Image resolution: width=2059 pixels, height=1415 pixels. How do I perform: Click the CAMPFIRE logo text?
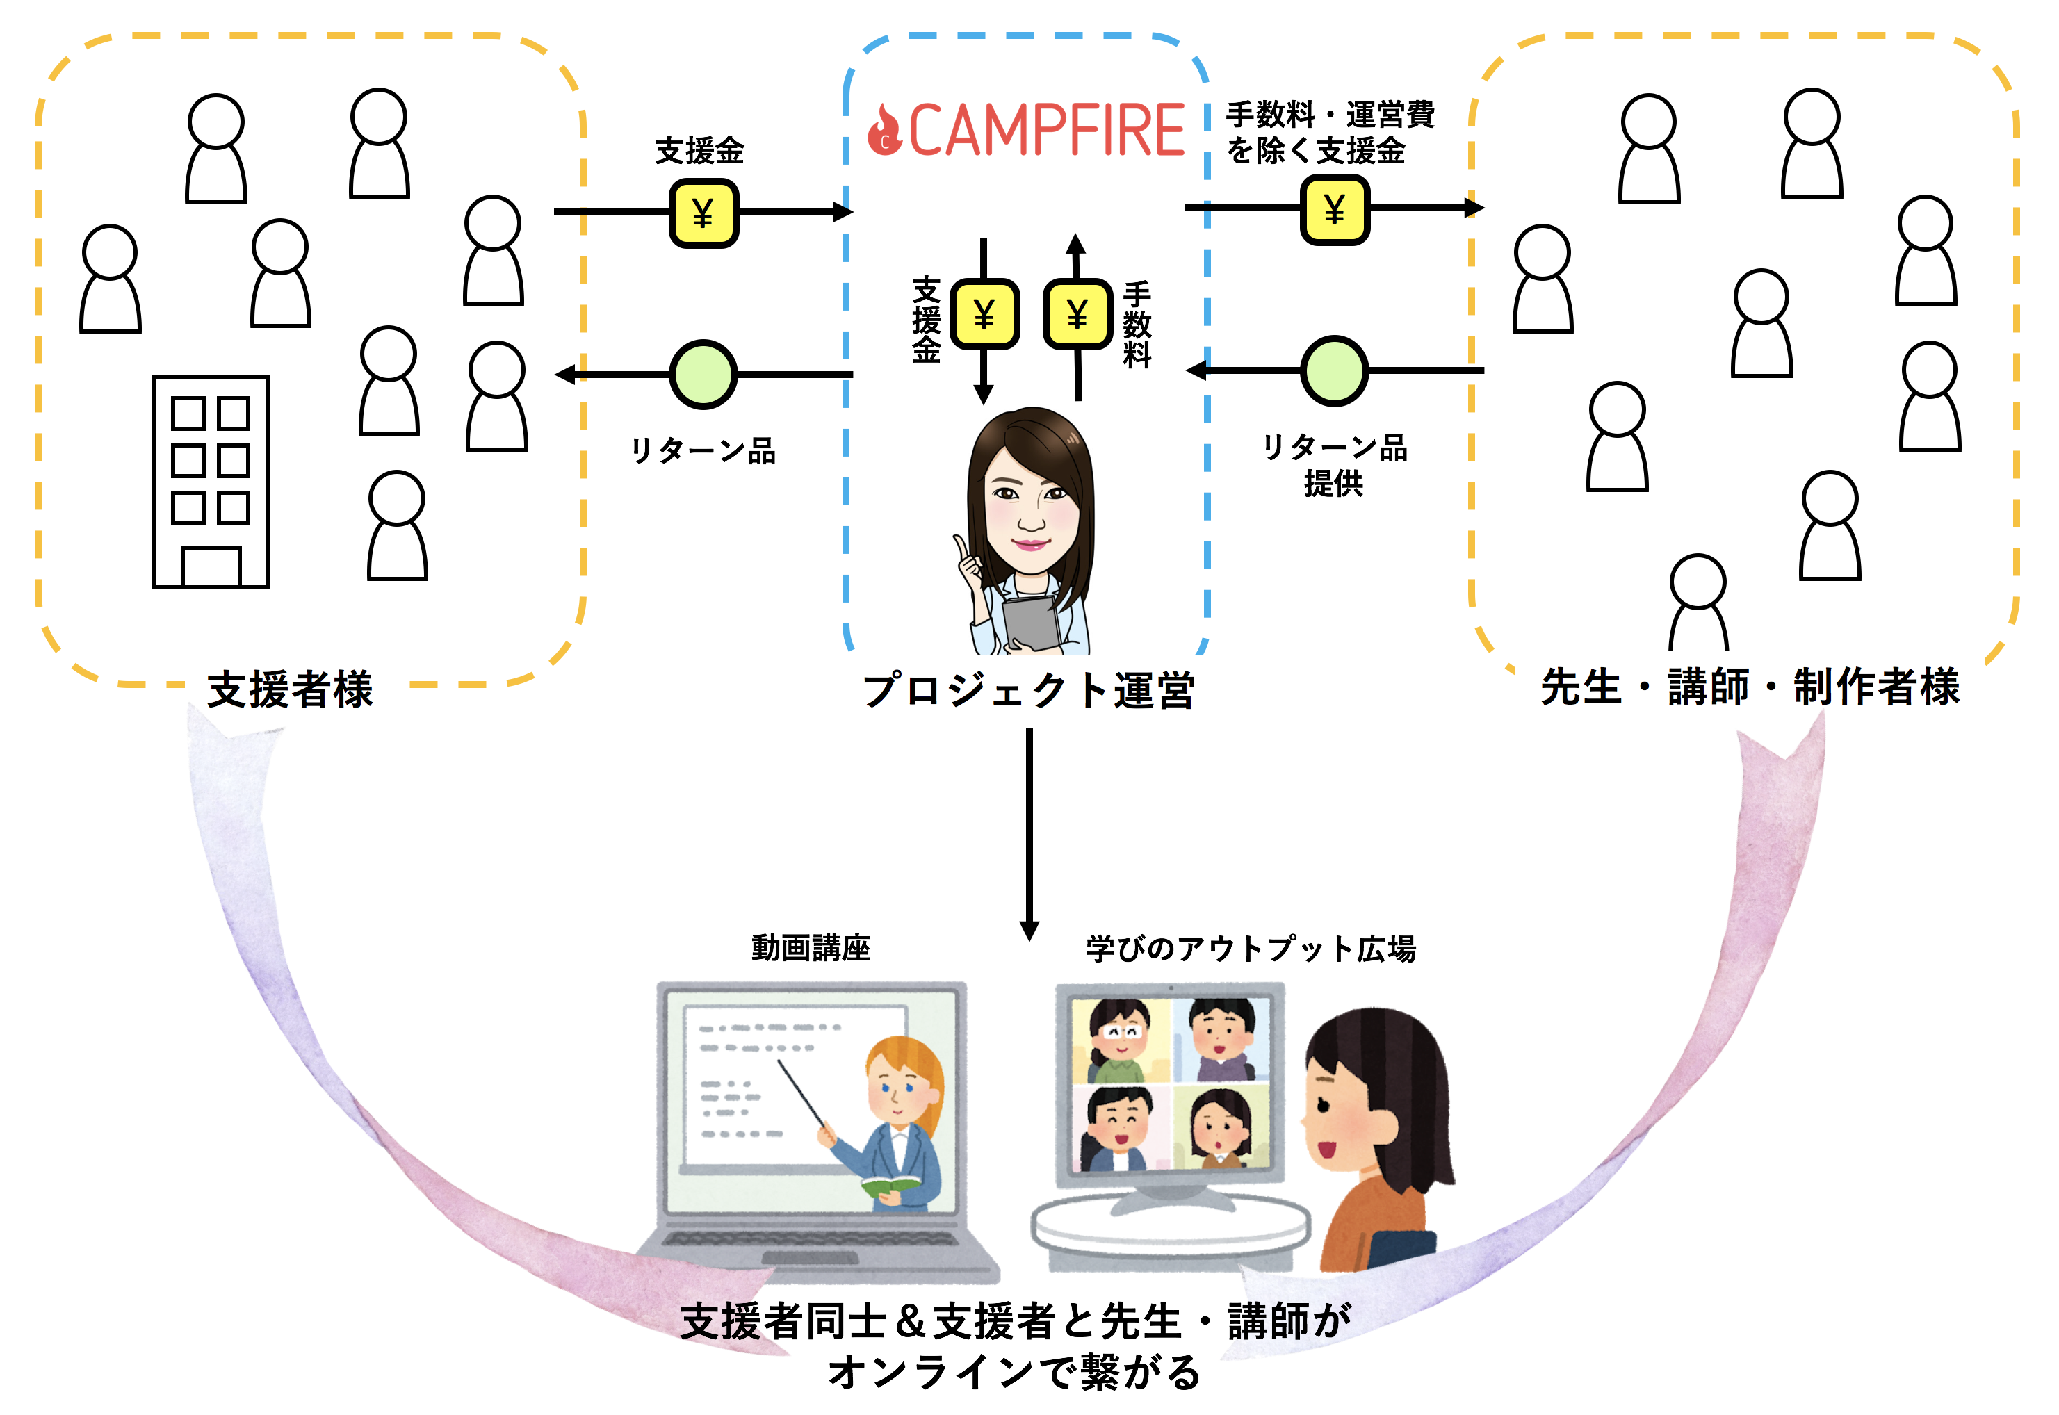tap(1046, 131)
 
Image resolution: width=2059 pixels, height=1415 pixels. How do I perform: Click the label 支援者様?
tap(290, 689)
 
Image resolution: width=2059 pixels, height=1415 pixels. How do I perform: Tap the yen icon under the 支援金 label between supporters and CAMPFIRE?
tap(703, 213)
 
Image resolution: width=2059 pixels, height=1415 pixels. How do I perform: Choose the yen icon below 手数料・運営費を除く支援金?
tap(1335, 209)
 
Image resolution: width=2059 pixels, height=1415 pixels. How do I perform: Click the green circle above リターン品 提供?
tap(1334, 370)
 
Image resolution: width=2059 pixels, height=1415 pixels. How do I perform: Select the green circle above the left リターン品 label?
tap(703, 374)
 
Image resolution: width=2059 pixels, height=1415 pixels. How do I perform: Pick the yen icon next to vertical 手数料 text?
tap(1077, 314)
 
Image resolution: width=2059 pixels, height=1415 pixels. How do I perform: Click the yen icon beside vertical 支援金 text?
tap(984, 314)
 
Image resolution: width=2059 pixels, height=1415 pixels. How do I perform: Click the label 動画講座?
tap(811, 948)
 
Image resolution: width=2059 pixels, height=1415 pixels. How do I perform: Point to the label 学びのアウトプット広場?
tap(1251, 949)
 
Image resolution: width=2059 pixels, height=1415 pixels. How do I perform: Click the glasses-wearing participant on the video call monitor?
tap(1119, 1039)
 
